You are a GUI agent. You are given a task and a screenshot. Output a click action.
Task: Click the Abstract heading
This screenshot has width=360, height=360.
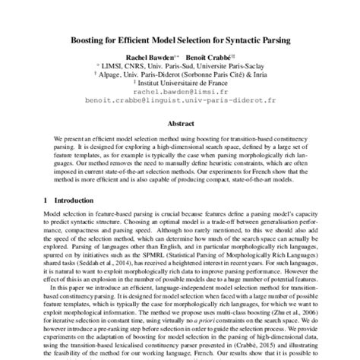[x=180, y=122]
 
